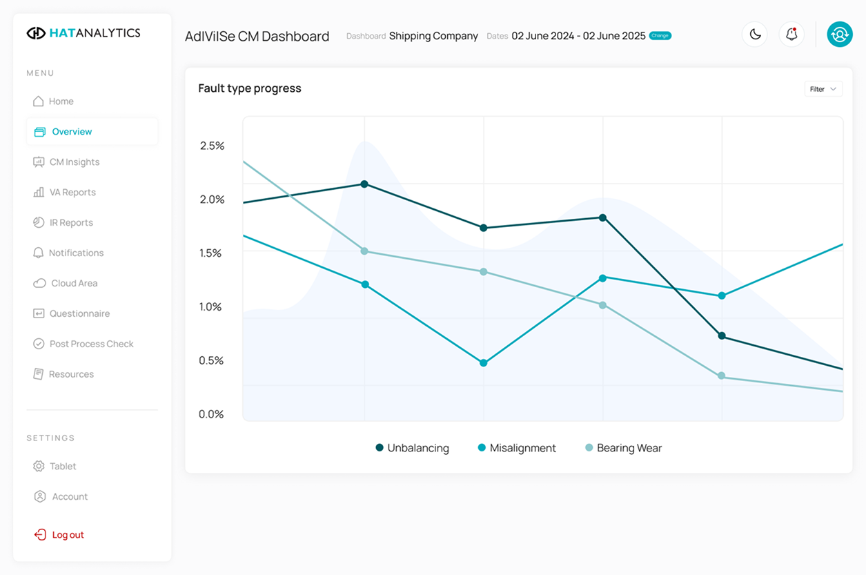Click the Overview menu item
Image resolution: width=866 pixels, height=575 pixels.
72,131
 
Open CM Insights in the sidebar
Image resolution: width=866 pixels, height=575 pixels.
74,162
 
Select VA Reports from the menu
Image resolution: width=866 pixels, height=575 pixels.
72,192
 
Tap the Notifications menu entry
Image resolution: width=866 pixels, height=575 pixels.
76,253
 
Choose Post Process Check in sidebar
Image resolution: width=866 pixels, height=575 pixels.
91,344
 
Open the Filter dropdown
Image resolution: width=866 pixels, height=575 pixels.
823,89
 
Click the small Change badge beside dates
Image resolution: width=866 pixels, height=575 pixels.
660,36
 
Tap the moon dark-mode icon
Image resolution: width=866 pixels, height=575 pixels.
755,35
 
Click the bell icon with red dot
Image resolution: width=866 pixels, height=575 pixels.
791,35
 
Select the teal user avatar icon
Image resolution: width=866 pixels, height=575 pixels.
840,35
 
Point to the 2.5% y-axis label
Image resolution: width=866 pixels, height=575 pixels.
212,146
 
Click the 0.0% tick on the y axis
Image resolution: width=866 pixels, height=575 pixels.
212,414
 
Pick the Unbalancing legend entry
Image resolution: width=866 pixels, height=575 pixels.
412,448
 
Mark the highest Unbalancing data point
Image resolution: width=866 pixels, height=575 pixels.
364,184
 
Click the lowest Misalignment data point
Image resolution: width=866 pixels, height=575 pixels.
484,363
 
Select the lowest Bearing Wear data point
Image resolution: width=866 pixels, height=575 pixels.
722,376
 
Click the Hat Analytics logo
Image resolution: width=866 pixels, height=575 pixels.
83,32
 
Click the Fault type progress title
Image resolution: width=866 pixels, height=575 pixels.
250,88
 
